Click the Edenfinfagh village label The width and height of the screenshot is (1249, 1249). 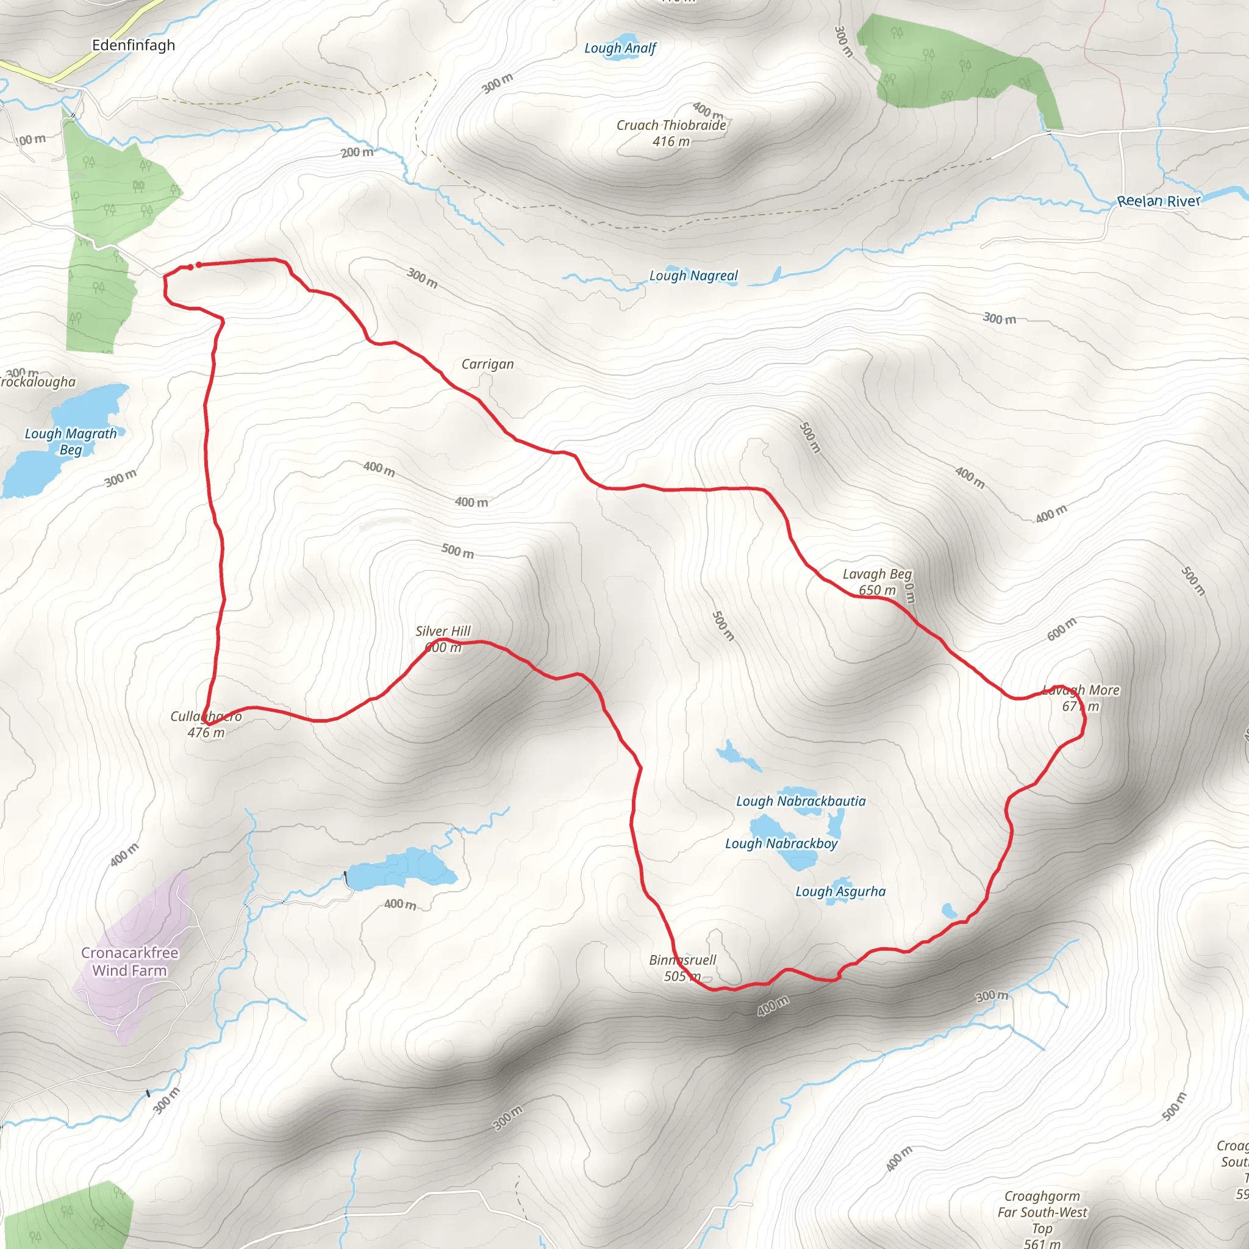[133, 45]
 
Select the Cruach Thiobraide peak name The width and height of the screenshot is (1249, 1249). [671, 126]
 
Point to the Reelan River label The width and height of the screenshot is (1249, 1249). [1159, 201]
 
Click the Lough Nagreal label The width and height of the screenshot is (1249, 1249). [693, 276]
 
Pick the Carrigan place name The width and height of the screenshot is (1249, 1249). [487, 365]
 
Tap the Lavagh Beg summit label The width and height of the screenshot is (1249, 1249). [876, 574]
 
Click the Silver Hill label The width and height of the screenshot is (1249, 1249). [443, 631]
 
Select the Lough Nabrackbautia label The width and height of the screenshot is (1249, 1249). [800, 801]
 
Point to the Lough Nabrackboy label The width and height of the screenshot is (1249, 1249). [781, 843]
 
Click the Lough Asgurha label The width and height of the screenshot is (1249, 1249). [840, 892]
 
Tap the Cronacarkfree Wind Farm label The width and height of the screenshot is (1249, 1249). [129, 961]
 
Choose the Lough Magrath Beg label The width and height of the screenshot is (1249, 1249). [71, 442]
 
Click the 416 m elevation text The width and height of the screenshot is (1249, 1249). [670, 141]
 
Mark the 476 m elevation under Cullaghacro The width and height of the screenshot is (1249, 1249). [206, 732]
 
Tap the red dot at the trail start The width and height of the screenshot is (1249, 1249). [198, 265]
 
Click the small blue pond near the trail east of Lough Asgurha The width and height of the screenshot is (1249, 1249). [949, 911]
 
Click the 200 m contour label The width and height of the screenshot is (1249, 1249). [357, 152]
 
